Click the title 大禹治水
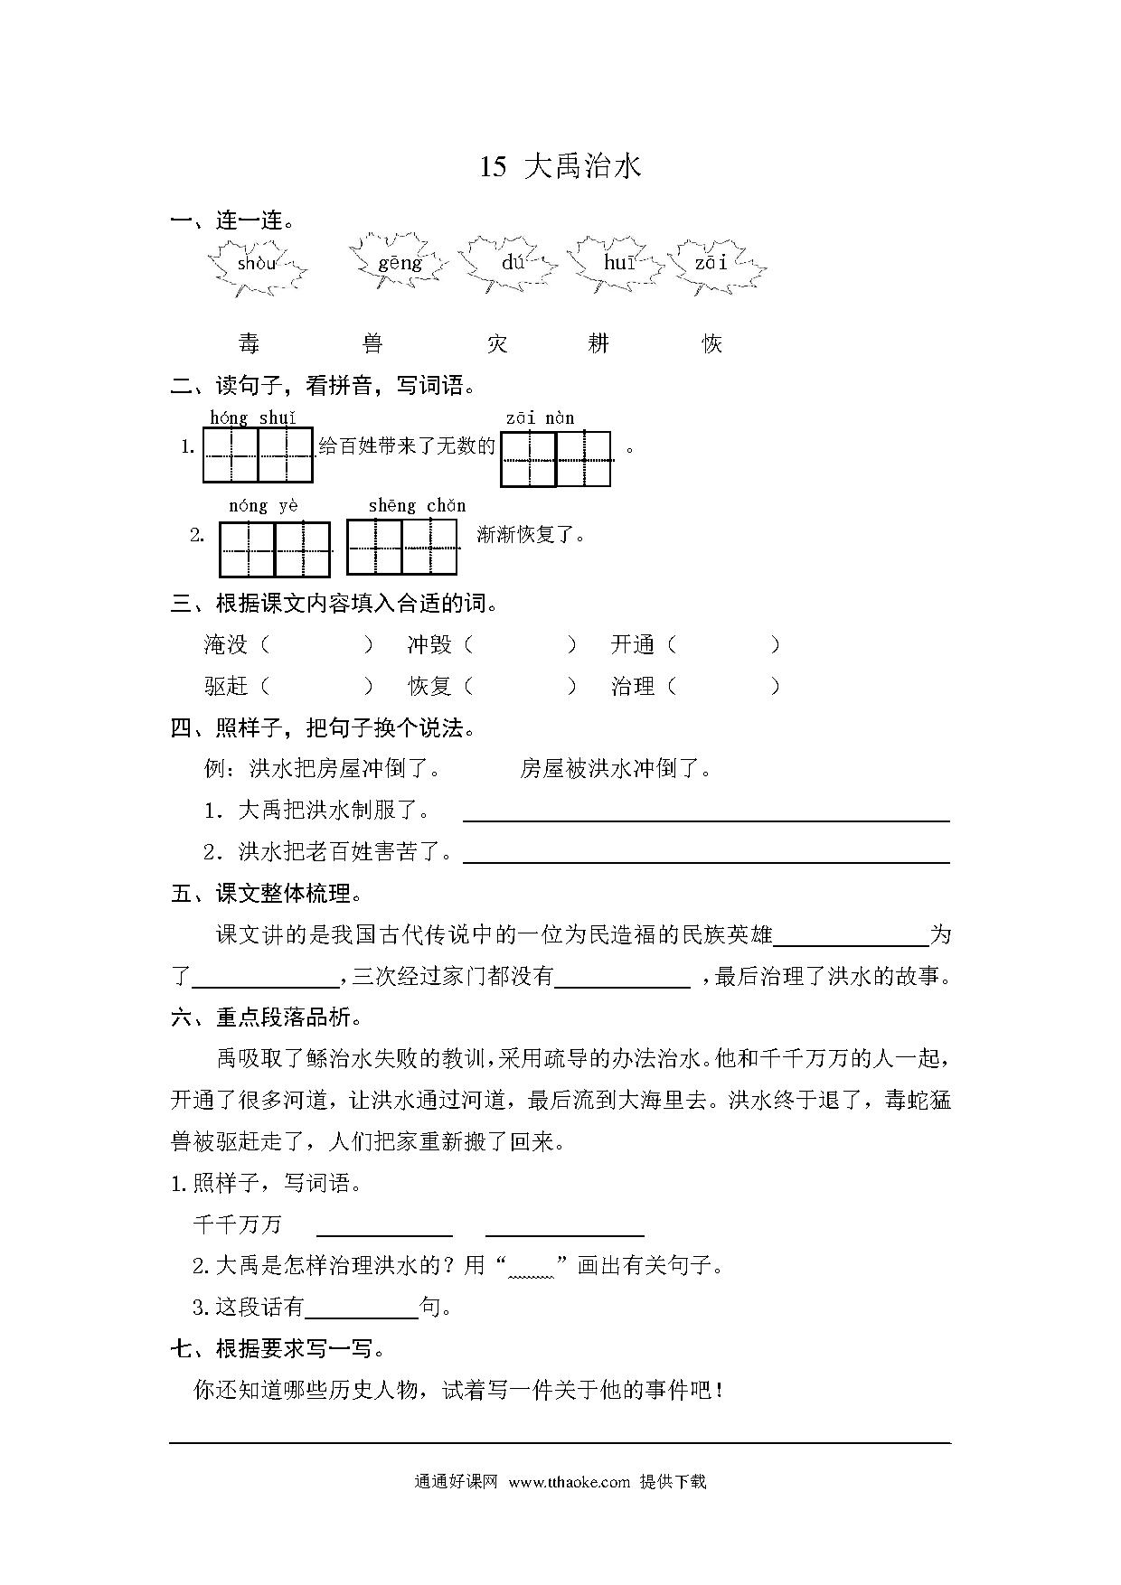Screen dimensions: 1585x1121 [x=582, y=167]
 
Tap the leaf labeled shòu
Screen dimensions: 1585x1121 [x=258, y=265]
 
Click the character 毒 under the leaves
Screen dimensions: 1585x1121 [x=249, y=343]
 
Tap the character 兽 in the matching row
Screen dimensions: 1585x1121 [x=372, y=343]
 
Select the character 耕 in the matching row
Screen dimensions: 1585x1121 [x=598, y=343]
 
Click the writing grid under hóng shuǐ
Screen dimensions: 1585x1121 [x=259, y=455]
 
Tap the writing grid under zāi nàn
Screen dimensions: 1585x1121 [x=556, y=459]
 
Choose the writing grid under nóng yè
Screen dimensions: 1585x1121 [x=275, y=549]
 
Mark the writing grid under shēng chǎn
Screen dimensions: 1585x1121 [x=401, y=547]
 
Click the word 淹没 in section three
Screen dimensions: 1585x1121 [x=226, y=644]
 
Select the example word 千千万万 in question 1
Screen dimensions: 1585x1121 [x=238, y=1224]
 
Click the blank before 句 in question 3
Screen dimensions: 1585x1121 [x=363, y=1309]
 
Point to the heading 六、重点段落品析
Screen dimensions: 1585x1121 [x=266, y=1018]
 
